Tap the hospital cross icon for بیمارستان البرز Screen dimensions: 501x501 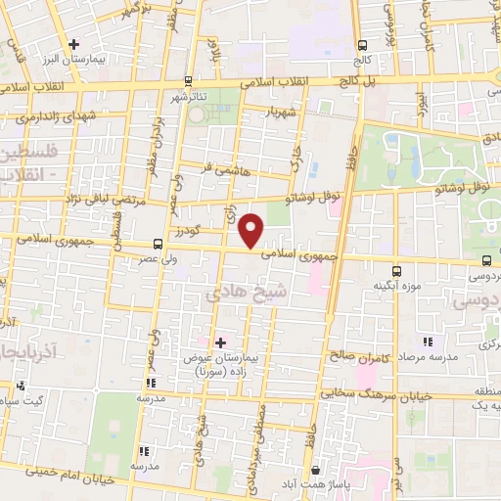point(74,43)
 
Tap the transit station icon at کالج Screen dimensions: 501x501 point(363,45)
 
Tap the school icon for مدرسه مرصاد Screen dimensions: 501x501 point(427,342)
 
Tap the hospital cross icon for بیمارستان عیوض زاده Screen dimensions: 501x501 point(219,342)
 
